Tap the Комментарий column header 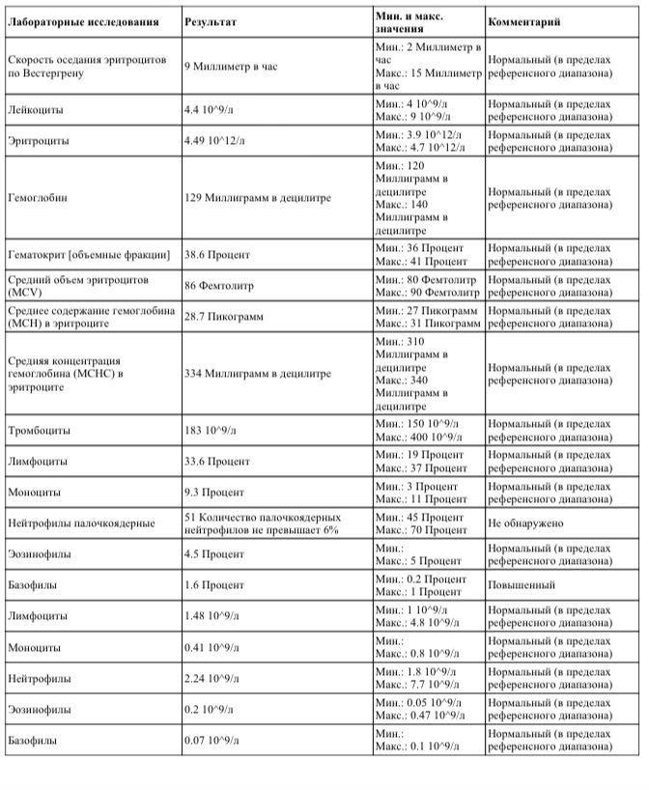523,20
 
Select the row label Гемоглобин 36,197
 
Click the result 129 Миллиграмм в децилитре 257,197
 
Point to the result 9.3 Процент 212,492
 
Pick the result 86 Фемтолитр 217,286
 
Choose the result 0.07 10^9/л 213,741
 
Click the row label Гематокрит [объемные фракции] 89,254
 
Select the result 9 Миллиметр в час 232,65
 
